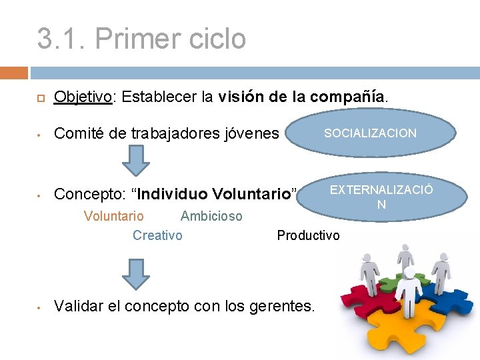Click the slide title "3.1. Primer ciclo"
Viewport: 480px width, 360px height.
point(141,38)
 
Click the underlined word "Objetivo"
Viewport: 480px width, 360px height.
point(83,97)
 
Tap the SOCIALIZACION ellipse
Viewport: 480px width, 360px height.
point(371,133)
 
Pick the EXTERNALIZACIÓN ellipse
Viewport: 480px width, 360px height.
point(380,195)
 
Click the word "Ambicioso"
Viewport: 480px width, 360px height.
point(211,216)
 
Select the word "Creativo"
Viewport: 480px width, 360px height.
point(157,235)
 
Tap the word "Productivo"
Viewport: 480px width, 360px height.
point(308,235)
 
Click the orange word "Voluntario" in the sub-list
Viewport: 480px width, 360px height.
point(113,216)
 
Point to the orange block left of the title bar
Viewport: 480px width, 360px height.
point(14,72)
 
